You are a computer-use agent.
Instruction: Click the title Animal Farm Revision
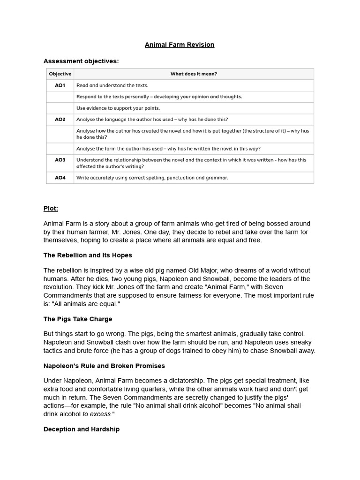pyautogui.click(x=180, y=45)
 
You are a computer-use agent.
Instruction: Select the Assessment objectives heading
pyautogui.click(x=81, y=61)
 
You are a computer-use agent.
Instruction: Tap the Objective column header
pyautogui.click(x=60, y=74)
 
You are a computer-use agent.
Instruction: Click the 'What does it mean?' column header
pyautogui.click(x=194, y=74)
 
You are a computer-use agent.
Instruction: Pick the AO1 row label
pyautogui.click(x=60, y=85)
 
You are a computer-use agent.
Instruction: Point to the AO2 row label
pyautogui.click(x=60, y=120)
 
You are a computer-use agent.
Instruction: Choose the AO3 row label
pyautogui.click(x=60, y=160)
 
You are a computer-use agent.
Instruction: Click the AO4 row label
pyautogui.click(x=60, y=178)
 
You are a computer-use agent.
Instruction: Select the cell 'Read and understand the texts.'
pyautogui.click(x=112, y=85)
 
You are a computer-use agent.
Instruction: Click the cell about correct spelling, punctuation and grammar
pyautogui.click(x=152, y=178)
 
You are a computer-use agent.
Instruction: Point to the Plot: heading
pyautogui.click(x=51, y=208)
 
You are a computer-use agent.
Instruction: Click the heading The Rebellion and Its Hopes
pyautogui.click(x=88, y=255)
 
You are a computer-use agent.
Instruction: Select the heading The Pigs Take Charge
pyautogui.click(x=78, y=319)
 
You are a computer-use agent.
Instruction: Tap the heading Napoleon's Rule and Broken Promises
pyautogui.click(x=104, y=366)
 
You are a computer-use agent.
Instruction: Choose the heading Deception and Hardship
pyautogui.click(x=82, y=429)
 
